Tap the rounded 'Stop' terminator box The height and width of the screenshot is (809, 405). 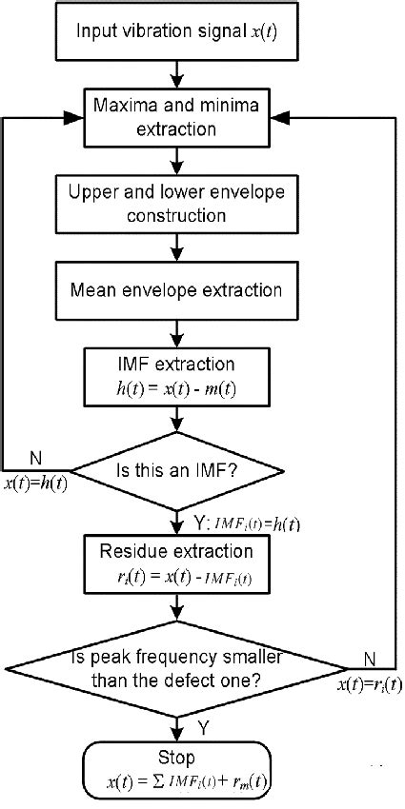tap(177, 771)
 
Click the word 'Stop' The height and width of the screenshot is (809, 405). tap(178, 759)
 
